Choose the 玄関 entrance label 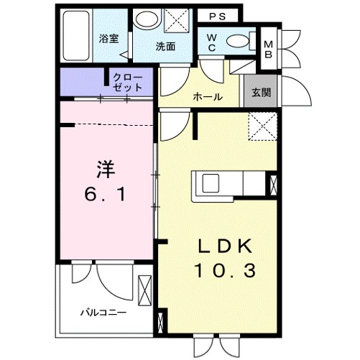[260, 93]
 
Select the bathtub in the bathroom [75, 37]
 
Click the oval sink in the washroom [147, 20]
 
